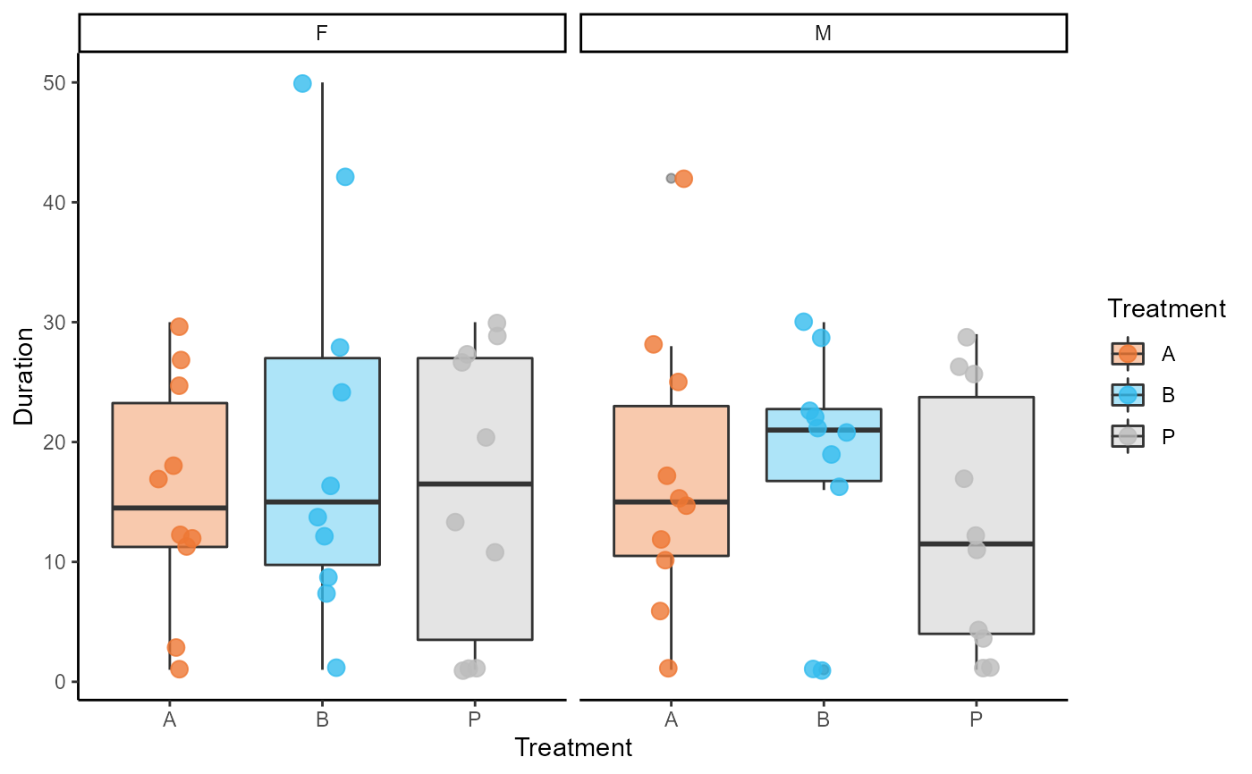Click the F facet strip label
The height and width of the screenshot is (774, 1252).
(x=322, y=34)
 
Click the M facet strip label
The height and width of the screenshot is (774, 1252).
(x=824, y=34)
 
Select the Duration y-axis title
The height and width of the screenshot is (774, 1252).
(x=24, y=375)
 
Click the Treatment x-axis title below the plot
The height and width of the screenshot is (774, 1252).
(x=573, y=747)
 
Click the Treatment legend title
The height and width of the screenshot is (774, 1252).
(x=1166, y=309)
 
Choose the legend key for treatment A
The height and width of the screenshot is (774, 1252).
(x=1128, y=353)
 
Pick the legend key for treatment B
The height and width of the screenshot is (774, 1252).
(x=1128, y=394)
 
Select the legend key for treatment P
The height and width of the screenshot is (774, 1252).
(x=1128, y=435)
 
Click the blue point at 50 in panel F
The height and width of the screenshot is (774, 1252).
(x=302, y=84)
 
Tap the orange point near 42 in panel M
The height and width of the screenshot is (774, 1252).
(x=684, y=179)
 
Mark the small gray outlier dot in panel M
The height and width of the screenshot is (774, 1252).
(x=671, y=179)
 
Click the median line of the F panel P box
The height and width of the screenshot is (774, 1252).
(x=475, y=484)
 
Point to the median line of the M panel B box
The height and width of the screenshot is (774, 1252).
(x=824, y=430)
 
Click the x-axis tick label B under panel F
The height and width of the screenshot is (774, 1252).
(x=322, y=720)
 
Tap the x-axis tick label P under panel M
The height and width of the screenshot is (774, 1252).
(x=976, y=720)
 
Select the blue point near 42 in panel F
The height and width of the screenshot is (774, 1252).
(x=345, y=177)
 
